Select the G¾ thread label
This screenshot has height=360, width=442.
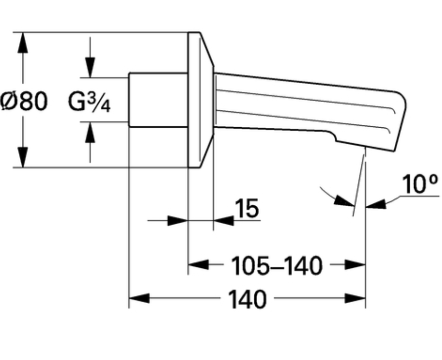coord(89,102)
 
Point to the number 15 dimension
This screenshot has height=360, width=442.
coord(247,208)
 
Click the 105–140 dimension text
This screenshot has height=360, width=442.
coord(277,266)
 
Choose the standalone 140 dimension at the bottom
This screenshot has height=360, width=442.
coord(247,299)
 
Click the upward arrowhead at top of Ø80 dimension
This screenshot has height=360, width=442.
coord(23,43)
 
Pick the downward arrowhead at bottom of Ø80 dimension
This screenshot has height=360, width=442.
coord(23,157)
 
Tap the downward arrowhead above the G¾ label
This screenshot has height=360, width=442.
coord(90,68)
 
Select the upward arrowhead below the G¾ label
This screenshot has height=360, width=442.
coord(90,132)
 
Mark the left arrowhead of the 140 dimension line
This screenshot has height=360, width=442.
coord(139,298)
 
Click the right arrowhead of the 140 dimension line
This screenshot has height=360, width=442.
coord(355,298)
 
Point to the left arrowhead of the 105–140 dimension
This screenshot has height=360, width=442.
coord(198,264)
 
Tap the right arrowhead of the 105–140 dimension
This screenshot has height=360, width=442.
coord(355,264)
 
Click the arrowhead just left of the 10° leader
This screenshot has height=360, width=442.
coord(344,201)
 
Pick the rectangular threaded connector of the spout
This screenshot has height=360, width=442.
coord(158,100)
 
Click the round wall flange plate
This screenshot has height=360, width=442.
coord(201,100)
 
